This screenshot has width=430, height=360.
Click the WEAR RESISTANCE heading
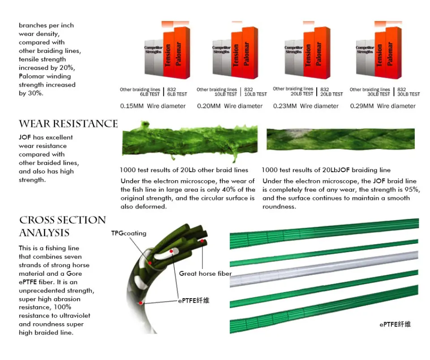68,124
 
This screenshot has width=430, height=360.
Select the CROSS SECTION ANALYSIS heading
62,226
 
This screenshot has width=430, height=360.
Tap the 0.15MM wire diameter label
153,106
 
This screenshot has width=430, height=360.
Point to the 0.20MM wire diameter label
230,106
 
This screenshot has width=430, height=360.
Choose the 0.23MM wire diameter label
306,106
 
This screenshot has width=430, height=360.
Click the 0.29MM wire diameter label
383,106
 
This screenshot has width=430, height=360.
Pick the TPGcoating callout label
129,233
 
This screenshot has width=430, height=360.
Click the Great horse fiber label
205,273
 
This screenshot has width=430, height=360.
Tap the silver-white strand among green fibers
324,269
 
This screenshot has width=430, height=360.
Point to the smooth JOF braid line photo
340,139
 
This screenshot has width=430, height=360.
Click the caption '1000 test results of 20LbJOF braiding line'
326,170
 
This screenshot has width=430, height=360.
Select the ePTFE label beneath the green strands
395,324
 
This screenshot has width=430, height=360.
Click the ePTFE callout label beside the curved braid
193,301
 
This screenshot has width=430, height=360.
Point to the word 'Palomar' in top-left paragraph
31,76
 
